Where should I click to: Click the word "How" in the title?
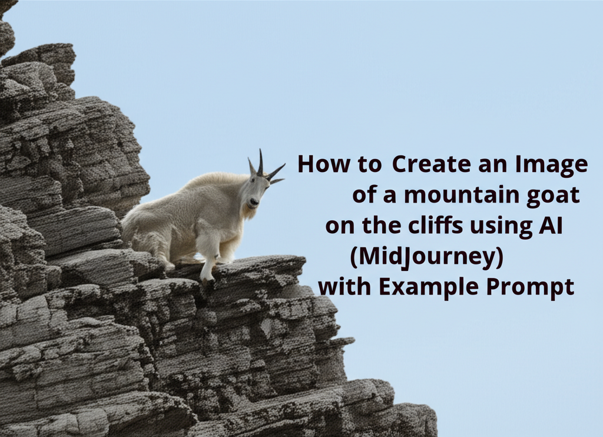317,165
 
